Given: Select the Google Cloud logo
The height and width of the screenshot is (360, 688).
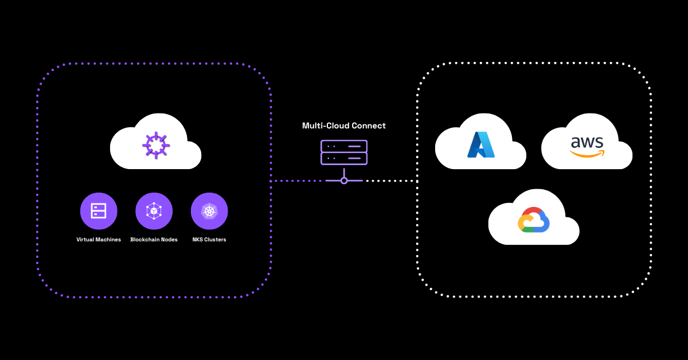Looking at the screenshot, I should (534, 220).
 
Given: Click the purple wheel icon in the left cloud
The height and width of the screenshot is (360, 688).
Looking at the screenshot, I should (155, 145).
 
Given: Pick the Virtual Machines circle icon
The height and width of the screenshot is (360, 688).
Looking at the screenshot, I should (99, 211).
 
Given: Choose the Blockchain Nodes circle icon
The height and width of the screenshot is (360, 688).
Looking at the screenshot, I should (154, 211).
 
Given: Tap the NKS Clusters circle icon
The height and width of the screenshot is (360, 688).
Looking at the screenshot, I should (209, 211).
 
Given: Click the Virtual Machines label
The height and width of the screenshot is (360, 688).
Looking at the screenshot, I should (99, 240).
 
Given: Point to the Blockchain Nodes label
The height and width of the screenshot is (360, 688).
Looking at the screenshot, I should (154, 240).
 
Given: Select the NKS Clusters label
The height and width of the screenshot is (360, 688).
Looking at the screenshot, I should (209, 240).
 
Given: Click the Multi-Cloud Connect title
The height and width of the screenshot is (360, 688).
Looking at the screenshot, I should (344, 126).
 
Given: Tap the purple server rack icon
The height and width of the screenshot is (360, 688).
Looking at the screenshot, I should (344, 152).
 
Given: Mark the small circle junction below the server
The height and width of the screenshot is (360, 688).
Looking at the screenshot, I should (344, 181).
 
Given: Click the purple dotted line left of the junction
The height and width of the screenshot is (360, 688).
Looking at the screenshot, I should (298, 181).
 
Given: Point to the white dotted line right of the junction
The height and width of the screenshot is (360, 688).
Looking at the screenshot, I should (390, 181).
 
